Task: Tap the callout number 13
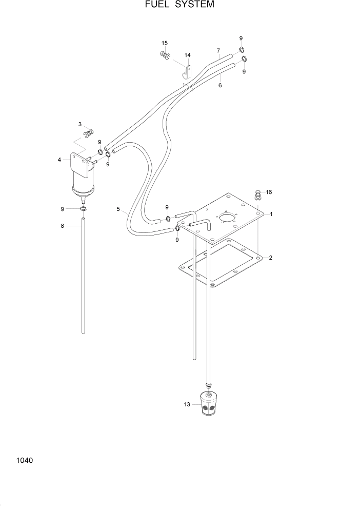[x=187, y=405]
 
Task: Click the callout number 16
[x=269, y=192]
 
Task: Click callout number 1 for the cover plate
[x=271, y=214]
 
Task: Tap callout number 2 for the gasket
[x=270, y=258]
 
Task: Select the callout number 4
[x=59, y=160]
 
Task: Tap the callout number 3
[x=80, y=124]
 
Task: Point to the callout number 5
[x=118, y=209]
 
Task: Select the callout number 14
[x=187, y=55]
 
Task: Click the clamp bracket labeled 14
[x=187, y=71]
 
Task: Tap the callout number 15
[x=165, y=43]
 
